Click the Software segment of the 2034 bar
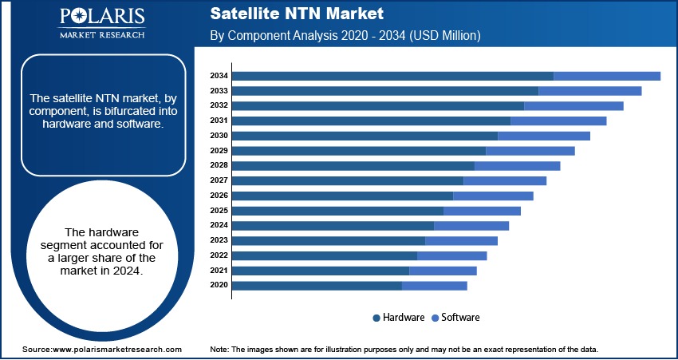point(606,76)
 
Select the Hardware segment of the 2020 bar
point(317,285)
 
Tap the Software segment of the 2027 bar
point(504,180)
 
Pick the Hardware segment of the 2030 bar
point(365,136)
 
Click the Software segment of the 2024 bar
point(471,225)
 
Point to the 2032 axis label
point(219,105)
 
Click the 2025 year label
point(219,210)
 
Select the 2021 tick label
point(219,270)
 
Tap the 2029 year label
point(219,150)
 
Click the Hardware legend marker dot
point(376,318)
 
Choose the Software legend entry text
point(460,318)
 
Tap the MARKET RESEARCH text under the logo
point(102,36)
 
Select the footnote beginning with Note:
point(404,350)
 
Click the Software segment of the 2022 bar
point(451,255)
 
